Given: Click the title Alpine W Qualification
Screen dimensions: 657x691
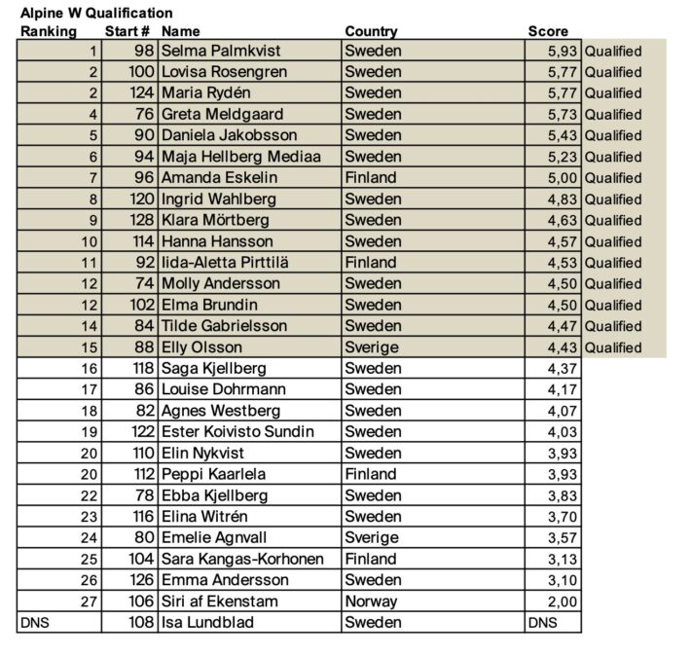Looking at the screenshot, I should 96,14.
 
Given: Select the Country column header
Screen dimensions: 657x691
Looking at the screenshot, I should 371,32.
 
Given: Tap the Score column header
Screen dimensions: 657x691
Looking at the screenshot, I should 548,32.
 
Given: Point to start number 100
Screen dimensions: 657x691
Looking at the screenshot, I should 142,72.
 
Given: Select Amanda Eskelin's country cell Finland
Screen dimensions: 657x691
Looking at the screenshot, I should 371,178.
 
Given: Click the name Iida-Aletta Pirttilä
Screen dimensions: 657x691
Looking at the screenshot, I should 225,263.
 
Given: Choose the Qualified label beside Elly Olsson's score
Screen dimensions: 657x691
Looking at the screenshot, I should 613,347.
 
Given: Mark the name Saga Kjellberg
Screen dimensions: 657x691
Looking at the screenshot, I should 213,369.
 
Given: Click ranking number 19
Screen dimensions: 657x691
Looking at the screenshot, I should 91,432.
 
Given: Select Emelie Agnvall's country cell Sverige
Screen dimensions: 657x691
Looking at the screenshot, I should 372,538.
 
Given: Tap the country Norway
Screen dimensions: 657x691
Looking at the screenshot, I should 371,602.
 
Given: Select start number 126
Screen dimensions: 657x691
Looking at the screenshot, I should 142,580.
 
